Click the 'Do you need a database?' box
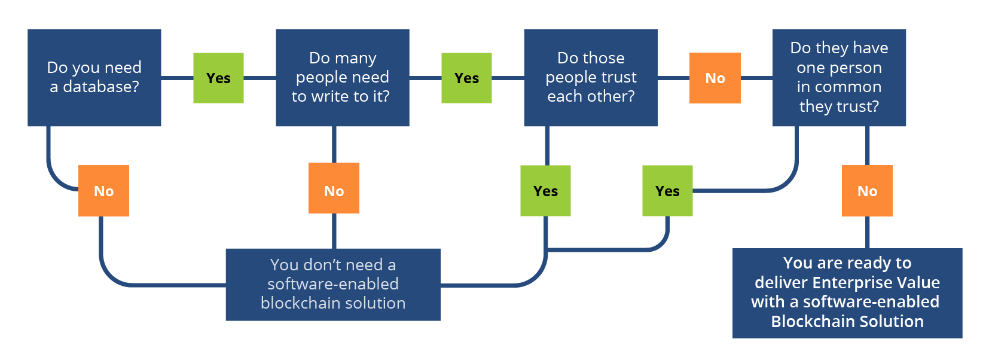[x=94, y=77]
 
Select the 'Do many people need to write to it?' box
[x=342, y=77]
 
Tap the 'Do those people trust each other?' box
[x=590, y=77]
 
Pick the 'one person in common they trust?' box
[x=838, y=77]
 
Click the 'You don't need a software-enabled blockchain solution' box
[x=332, y=284]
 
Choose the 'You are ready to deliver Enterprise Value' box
[x=847, y=292]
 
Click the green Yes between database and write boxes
[x=218, y=78]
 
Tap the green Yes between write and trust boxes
[x=466, y=78]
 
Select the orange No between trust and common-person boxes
[x=715, y=78]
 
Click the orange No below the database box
[x=103, y=191]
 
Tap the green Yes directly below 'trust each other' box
[x=545, y=191]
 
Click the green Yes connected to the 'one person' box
[x=667, y=191]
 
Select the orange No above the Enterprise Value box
[x=867, y=191]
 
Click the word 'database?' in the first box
[x=101, y=87]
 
